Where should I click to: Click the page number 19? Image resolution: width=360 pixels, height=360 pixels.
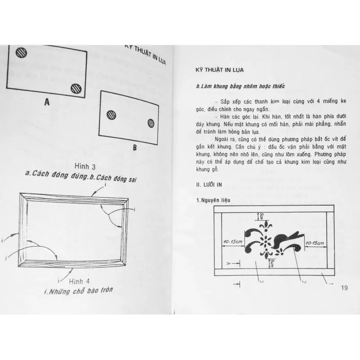tap(346, 288)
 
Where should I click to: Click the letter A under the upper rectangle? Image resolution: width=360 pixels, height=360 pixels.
tap(47, 103)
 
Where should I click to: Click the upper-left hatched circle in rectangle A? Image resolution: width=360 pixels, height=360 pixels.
tap(21, 52)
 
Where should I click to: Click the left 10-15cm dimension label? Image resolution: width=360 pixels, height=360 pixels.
tap(233, 243)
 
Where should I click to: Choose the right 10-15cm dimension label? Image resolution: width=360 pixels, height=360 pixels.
tap(315, 243)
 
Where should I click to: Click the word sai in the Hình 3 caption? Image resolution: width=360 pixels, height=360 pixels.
tap(129, 179)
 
